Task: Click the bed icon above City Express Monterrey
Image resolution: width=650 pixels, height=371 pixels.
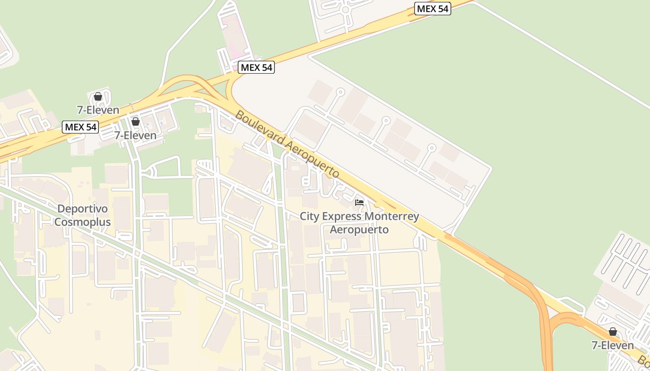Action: (x=359, y=203)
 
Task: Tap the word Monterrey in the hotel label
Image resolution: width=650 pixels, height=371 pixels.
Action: (x=391, y=217)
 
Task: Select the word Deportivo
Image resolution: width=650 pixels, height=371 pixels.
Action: (x=83, y=209)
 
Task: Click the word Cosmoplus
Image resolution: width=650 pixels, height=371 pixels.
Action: (x=83, y=222)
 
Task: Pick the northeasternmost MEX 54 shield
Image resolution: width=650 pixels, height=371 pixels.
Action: (x=432, y=8)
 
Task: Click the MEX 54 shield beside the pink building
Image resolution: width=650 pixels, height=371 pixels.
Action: (x=256, y=68)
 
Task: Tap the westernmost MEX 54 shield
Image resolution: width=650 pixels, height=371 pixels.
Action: (x=81, y=127)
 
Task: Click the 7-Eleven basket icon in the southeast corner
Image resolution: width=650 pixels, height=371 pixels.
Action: (x=612, y=332)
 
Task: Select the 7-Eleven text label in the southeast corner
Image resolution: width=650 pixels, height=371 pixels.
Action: (x=612, y=345)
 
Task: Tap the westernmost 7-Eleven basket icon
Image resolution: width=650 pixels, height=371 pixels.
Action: (x=98, y=96)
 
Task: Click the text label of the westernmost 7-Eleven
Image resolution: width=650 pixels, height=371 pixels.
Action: (x=98, y=110)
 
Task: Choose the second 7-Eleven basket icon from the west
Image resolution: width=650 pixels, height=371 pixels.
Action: (x=135, y=122)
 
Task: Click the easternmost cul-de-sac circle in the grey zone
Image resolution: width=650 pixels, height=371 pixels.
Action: (x=432, y=148)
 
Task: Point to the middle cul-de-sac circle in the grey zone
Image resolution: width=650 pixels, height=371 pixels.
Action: (x=386, y=120)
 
